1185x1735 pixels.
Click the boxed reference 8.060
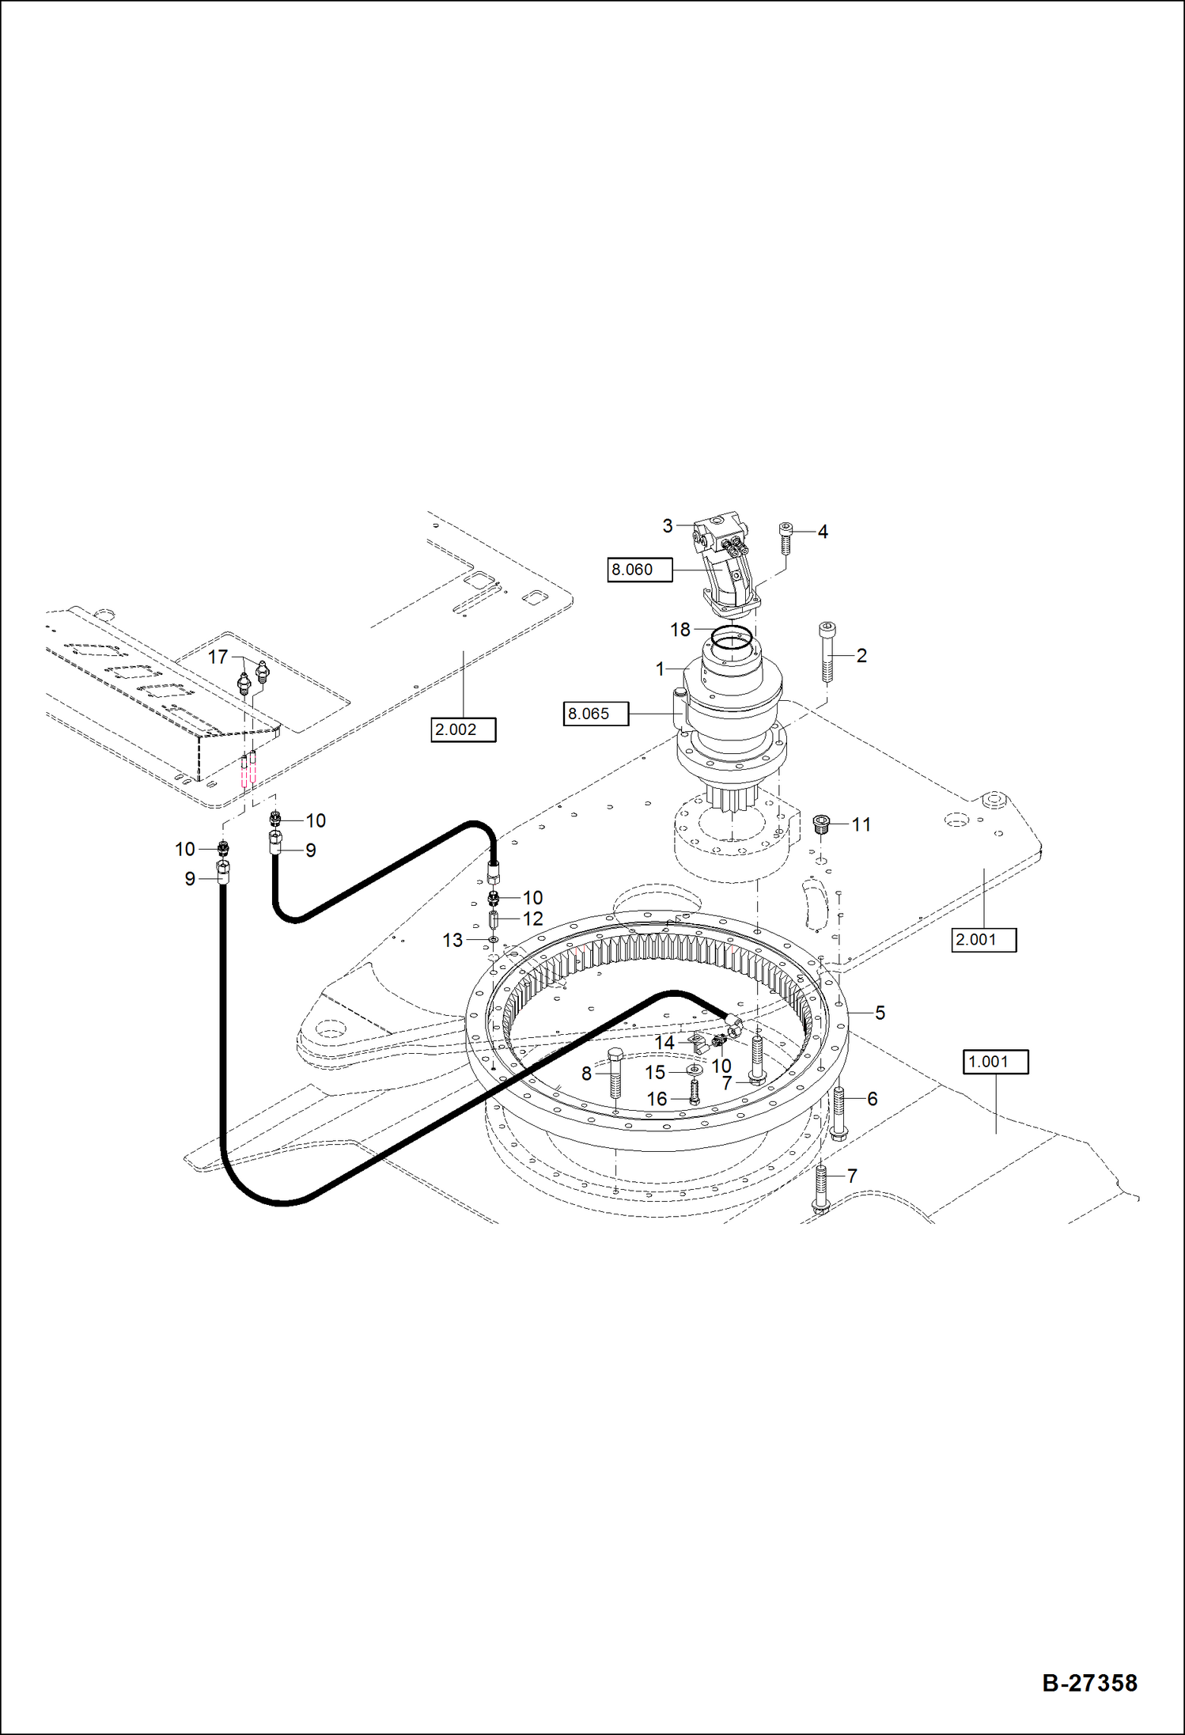coord(639,570)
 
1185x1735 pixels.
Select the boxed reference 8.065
coord(595,714)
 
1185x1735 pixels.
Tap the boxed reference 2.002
coord(463,729)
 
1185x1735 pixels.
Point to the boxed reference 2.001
coord(983,940)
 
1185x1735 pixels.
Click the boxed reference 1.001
coord(995,1062)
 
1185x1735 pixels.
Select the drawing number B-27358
coord(1089,1682)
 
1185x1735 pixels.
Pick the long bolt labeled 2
coord(827,652)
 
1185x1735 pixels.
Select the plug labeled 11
coord(822,824)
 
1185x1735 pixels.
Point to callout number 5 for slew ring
coord(880,1013)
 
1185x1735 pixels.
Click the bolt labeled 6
coord(839,1112)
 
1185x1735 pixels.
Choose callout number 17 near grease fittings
coord(218,657)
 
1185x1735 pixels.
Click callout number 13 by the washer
coord(452,940)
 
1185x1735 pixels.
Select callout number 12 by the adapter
coord(533,919)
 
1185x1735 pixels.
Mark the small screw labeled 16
coord(695,1093)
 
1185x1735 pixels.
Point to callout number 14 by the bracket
coord(664,1043)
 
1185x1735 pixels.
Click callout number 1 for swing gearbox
coord(660,669)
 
